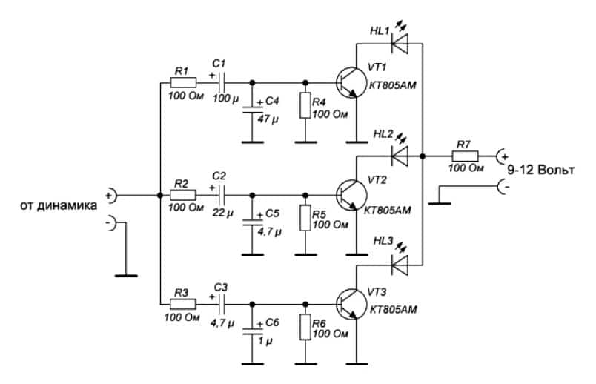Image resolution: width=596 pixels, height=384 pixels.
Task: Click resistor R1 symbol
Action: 182,82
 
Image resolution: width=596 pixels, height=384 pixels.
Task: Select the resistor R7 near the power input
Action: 466,156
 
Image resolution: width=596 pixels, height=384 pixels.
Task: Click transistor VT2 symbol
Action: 348,195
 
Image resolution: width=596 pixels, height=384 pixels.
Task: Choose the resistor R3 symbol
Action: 182,304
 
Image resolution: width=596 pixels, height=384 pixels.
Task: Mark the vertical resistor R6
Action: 305,328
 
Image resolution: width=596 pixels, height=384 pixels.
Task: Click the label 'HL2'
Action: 385,134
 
